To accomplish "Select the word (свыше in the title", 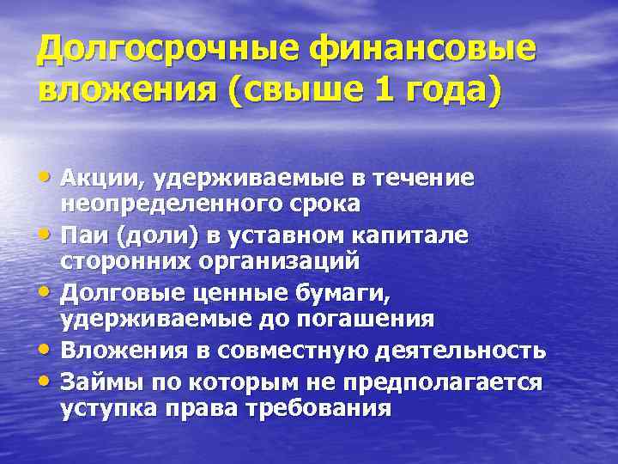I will [284, 89].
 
